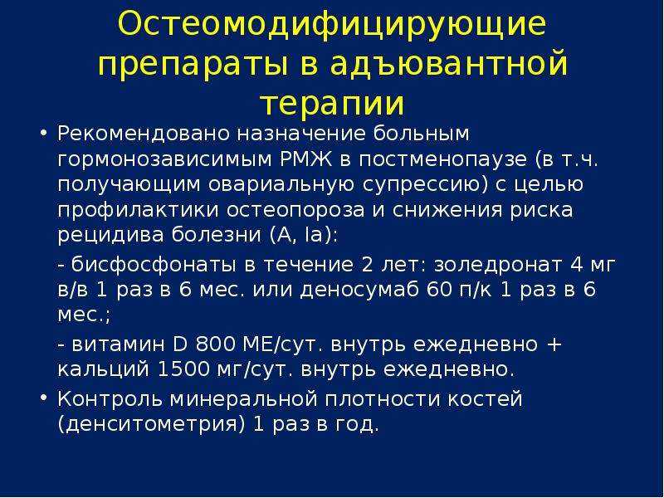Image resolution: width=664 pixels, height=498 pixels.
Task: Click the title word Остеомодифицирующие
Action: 331,26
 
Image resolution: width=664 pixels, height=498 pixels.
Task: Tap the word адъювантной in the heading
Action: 448,64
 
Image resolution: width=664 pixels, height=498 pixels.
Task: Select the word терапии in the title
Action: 333,105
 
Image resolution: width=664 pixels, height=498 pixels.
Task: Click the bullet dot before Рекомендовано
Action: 43,134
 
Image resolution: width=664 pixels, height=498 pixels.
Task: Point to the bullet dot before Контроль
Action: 43,399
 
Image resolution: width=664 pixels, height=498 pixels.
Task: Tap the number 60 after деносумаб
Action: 440,290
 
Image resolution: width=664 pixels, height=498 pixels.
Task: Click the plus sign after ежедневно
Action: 554,344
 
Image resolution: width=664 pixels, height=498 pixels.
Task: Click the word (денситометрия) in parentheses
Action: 151,425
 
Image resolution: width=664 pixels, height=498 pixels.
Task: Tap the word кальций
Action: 103,370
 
